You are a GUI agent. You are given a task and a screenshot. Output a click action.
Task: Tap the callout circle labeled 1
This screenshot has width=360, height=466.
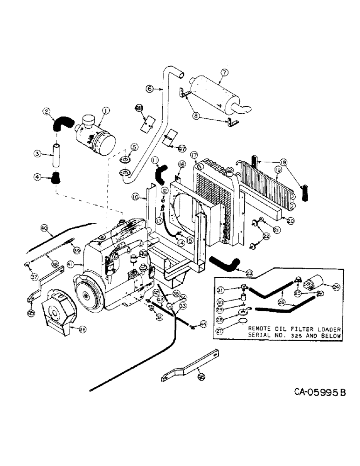[x=106, y=110]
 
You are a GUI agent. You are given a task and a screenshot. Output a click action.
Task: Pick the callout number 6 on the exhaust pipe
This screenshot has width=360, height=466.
[x=149, y=88]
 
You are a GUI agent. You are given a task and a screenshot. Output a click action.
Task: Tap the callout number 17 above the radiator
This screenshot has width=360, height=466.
[x=194, y=155]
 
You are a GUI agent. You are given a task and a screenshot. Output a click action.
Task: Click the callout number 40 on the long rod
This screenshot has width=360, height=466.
[x=44, y=228]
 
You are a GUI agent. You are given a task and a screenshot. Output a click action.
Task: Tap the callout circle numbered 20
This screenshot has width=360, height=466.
[x=291, y=220]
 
